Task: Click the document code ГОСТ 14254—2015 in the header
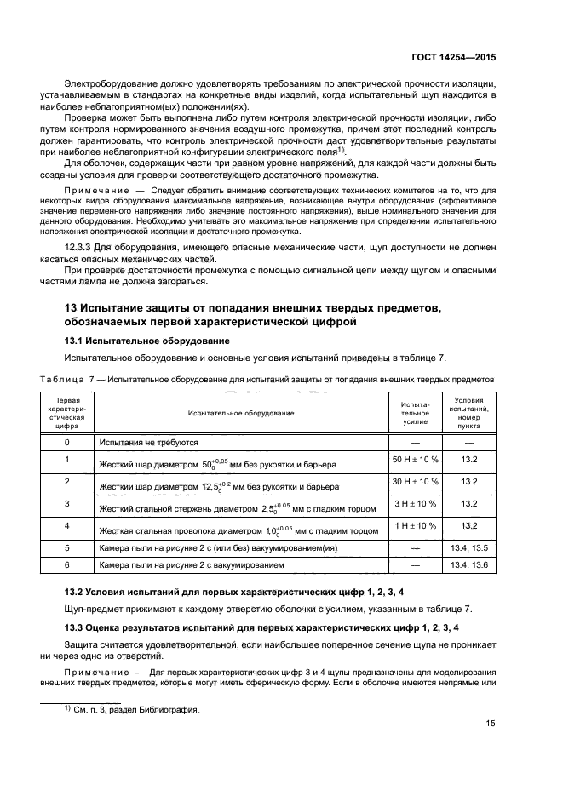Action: (x=454, y=58)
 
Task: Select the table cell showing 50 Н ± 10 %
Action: (x=415, y=460)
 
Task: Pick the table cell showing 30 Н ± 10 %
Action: (x=415, y=481)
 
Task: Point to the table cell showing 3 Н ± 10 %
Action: (x=415, y=503)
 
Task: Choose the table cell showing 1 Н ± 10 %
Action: (x=415, y=525)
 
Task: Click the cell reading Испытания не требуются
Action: (x=149, y=443)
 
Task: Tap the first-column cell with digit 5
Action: (x=66, y=548)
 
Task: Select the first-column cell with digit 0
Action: (x=66, y=443)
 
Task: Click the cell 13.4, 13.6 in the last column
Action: (x=468, y=564)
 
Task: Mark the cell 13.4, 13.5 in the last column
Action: (x=468, y=548)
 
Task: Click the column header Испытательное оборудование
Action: (x=242, y=413)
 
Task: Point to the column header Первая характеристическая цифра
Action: (x=66, y=413)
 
